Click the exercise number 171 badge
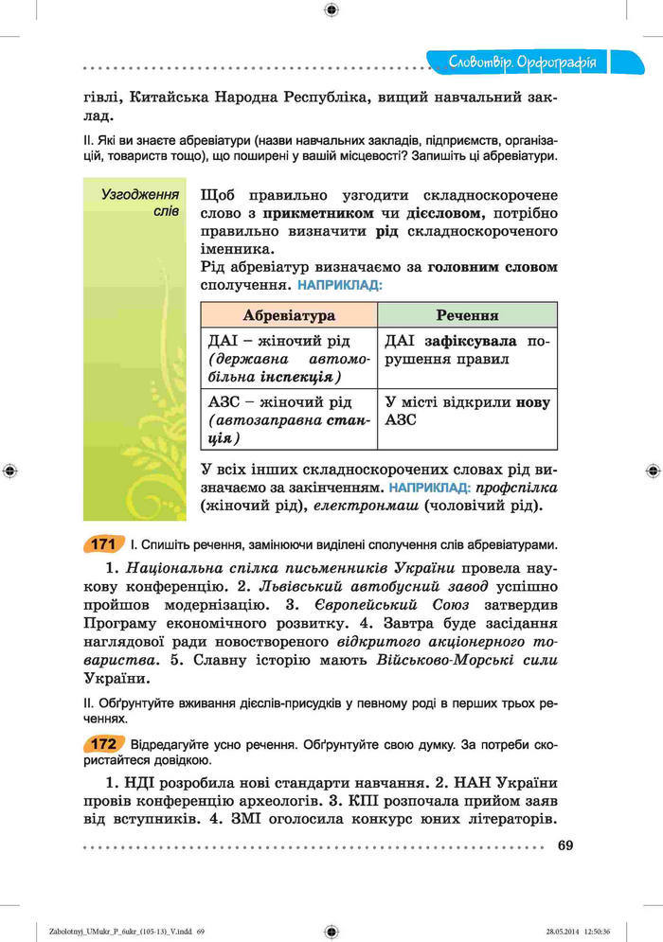click(103, 544)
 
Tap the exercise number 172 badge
click(103, 743)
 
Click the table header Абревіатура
click(289, 315)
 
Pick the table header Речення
click(467, 315)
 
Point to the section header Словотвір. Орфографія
click(524, 63)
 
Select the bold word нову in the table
click(532, 402)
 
